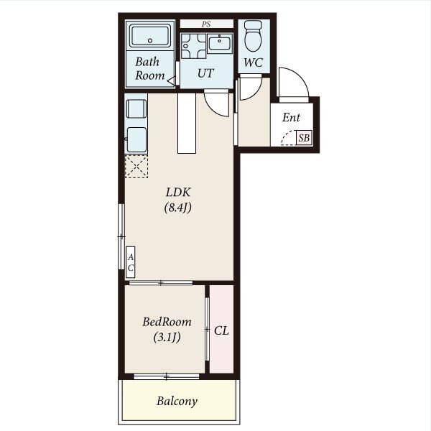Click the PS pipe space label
pyautogui.click(x=206, y=24)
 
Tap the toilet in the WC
pyautogui.click(x=253, y=36)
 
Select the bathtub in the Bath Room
pyautogui.click(x=150, y=35)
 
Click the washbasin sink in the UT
pyautogui.click(x=220, y=43)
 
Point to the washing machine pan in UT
pyautogui.click(x=193, y=46)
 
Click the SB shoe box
pyautogui.click(x=304, y=138)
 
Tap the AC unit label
pyautogui.click(x=131, y=262)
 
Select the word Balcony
pyautogui.click(x=177, y=402)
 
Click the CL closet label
pyautogui.click(x=221, y=330)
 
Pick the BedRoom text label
pyautogui.click(x=167, y=322)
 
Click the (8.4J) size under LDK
pyautogui.click(x=177, y=208)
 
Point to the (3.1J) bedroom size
pyautogui.click(x=167, y=337)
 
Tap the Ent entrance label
pyautogui.click(x=291, y=118)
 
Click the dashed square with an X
pyautogui.click(x=136, y=167)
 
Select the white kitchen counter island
pyautogui.click(x=187, y=123)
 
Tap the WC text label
pyautogui.click(x=253, y=62)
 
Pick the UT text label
pyautogui.click(x=205, y=73)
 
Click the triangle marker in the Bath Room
pyautogui.click(x=171, y=81)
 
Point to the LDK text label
pyautogui.click(x=178, y=192)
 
